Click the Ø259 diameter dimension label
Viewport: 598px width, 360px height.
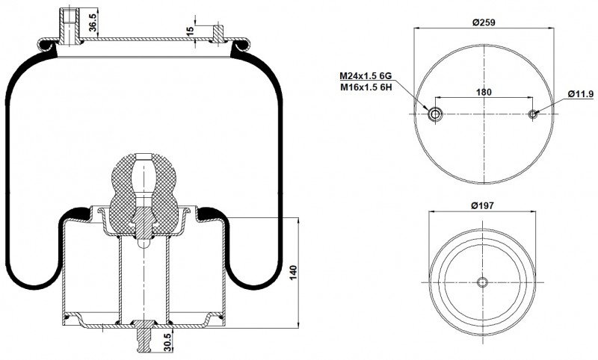point(483,22)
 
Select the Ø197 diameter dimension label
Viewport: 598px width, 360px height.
point(482,205)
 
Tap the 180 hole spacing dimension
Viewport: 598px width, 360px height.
point(484,92)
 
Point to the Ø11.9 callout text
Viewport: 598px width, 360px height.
point(581,93)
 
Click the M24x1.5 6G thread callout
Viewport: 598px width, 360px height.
point(366,76)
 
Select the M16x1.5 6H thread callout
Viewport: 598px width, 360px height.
point(366,87)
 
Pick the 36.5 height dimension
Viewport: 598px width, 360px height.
point(93,22)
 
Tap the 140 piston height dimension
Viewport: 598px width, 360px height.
point(293,273)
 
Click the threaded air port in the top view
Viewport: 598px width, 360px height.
point(435,114)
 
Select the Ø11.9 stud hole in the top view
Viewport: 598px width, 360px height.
point(533,114)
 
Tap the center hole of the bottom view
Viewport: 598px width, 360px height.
point(482,282)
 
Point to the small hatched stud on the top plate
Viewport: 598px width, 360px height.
point(218,34)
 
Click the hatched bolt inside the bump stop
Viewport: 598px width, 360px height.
point(144,223)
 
